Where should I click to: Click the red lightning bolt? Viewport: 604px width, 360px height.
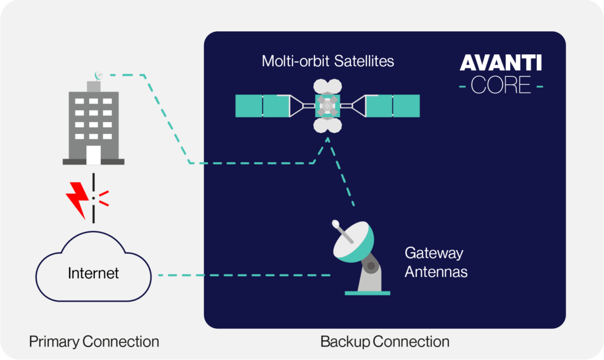[x=78, y=199]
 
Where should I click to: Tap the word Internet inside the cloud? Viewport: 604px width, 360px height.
[x=93, y=273]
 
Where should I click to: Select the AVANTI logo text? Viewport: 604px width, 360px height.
[x=501, y=63]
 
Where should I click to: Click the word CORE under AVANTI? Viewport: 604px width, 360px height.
[x=501, y=85]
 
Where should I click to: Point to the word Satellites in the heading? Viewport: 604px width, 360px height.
[x=364, y=61]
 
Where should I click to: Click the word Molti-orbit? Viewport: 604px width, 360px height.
[x=296, y=61]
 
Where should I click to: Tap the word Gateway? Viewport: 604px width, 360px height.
[x=434, y=254]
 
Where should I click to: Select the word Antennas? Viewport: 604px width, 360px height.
[x=436, y=272]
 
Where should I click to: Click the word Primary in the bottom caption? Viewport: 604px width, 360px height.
[x=54, y=342]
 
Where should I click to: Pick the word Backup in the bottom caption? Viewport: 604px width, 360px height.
[x=345, y=342]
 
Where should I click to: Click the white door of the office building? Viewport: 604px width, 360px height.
[x=94, y=155]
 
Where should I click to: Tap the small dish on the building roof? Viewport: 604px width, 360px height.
[x=99, y=76]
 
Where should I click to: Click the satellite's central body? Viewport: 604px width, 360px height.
[x=327, y=106]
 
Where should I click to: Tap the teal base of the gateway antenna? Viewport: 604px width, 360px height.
[x=367, y=293]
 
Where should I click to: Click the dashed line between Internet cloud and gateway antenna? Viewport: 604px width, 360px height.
[x=245, y=275]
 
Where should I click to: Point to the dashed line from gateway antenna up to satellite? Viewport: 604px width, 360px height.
[x=340, y=172]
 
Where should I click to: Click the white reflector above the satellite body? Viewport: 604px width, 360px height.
[x=327, y=86]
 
